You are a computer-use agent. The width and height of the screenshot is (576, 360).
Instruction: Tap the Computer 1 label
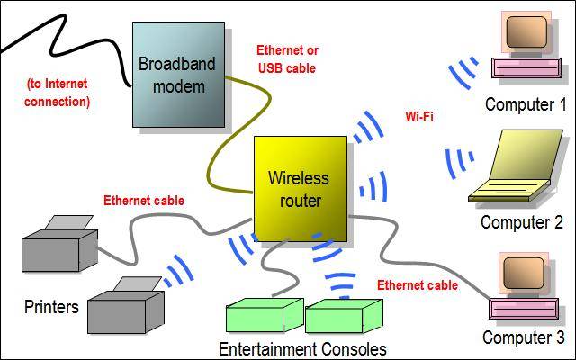[519, 105]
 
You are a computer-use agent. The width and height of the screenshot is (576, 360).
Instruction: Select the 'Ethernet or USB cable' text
[287, 58]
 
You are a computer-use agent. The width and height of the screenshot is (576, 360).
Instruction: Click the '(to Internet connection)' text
[58, 93]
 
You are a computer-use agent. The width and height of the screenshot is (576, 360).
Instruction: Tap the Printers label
[51, 307]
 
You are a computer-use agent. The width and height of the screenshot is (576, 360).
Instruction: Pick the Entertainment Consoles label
[302, 348]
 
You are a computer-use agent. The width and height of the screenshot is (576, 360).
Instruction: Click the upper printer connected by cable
[58, 242]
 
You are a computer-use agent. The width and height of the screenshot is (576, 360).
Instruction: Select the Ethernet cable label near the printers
[144, 201]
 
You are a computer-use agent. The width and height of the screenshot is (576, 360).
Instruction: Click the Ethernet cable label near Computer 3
[417, 285]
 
